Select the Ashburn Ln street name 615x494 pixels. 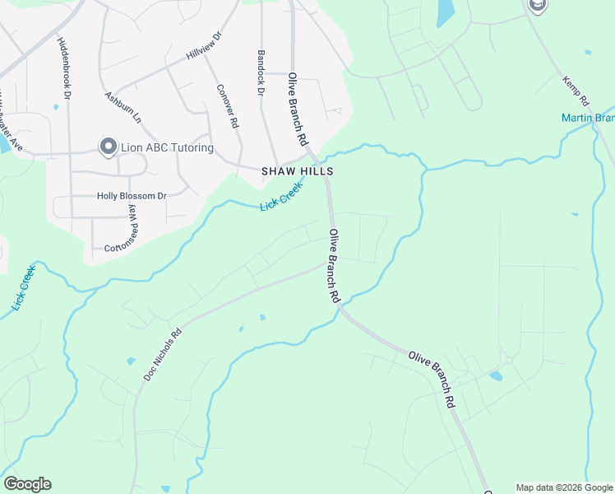[x=123, y=107]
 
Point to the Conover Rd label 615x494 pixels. [x=228, y=106]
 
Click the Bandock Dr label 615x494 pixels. [x=260, y=72]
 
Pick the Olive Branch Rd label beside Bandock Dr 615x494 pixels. [x=297, y=107]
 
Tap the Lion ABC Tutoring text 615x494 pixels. [x=167, y=148]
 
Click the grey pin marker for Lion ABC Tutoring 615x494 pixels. [x=108, y=147]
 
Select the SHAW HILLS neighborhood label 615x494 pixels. [x=298, y=171]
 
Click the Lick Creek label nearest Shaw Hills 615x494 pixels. [x=282, y=196]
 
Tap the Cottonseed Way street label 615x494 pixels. [x=132, y=225]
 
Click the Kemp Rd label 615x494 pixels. [x=576, y=91]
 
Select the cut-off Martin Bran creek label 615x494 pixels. [x=588, y=118]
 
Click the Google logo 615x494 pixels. [x=27, y=484]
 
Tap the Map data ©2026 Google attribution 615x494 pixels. [x=563, y=487]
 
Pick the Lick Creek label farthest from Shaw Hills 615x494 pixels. [x=23, y=288]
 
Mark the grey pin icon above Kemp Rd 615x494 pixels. [x=537, y=6]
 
